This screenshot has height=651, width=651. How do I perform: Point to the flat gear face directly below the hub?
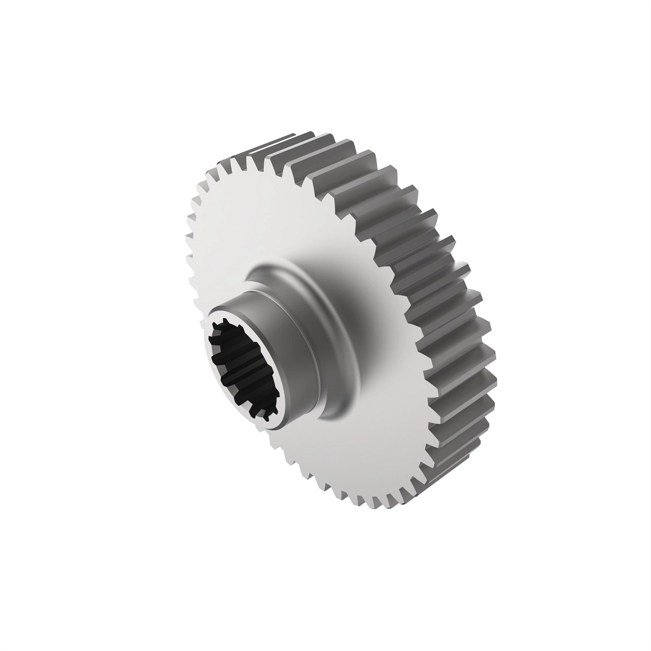(336, 461)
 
